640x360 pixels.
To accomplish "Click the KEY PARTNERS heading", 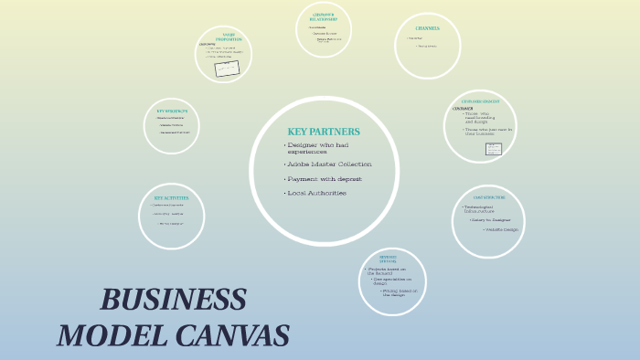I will (x=323, y=132).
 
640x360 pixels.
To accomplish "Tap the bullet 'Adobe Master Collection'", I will (x=329, y=164).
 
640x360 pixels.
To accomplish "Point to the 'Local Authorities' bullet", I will (x=316, y=193).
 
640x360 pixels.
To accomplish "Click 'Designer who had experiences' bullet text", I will (x=317, y=148).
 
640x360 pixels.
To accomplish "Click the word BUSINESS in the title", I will (x=173, y=300).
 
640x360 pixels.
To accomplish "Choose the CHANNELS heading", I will (x=427, y=28).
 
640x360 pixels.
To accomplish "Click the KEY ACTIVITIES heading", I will (x=171, y=198).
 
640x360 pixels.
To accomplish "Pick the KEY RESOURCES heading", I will (x=171, y=111).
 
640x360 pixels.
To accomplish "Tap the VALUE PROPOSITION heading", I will (x=229, y=37).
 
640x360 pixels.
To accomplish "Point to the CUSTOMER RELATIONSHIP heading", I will (x=323, y=16).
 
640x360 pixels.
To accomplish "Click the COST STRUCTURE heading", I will (x=489, y=197).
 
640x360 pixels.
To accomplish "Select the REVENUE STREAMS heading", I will (x=389, y=259).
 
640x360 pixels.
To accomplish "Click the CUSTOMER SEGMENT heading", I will (x=479, y=101).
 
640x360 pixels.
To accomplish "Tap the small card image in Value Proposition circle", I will (x=227, y=69).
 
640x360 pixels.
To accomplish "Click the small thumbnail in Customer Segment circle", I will (x=493, y=149).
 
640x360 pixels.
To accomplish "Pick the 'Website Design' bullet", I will (x=500, y=229).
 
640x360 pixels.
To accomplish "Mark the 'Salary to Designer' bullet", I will (x=491, y=220).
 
